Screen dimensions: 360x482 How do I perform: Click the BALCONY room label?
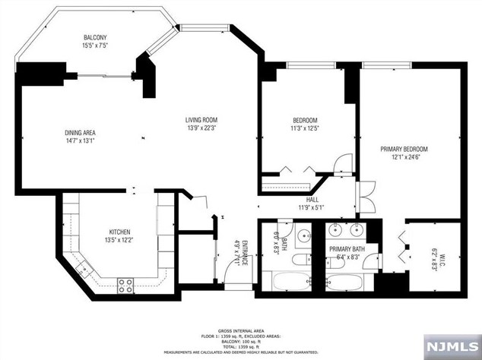pos(95,39)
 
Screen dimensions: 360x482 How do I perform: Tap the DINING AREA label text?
pos(80,134)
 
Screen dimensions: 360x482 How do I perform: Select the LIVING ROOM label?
pos(202,120)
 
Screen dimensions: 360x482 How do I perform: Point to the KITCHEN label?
pos(119,232)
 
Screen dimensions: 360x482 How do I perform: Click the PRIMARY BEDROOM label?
pos(404,149)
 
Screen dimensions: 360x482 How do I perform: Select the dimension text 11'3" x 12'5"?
pos(305,129)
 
